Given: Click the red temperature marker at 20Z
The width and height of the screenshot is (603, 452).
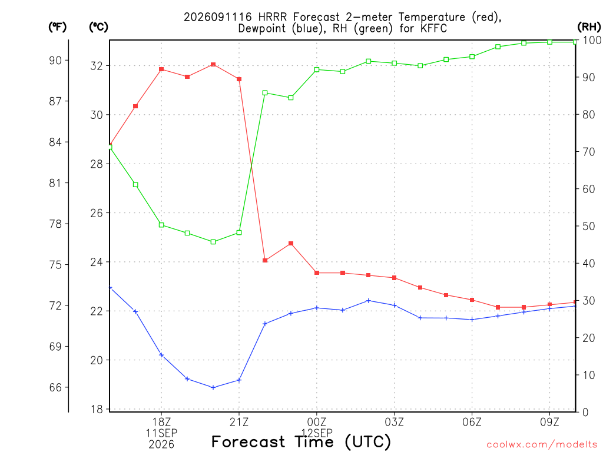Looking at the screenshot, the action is (x=213, y=65).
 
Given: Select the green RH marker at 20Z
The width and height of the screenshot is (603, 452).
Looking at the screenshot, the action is (x=213, y=242).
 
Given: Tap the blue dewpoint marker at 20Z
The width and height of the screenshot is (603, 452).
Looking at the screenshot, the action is (x=213, y=387).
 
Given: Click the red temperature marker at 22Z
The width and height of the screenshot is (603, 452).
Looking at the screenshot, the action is (x=265, y=260).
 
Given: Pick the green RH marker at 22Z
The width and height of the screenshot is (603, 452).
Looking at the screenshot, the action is (x=265, y=92).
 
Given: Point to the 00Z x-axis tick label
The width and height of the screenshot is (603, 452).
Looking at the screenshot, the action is (x=316, y=422).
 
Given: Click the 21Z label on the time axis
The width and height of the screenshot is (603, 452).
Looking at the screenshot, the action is (x=239, y=422).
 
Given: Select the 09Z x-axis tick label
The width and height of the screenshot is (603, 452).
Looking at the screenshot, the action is (x=549, y=422).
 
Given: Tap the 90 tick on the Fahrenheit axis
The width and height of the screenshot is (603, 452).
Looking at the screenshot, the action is (x=55, y=61).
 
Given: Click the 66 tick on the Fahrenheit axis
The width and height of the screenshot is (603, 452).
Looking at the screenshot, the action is (x=55, y=387).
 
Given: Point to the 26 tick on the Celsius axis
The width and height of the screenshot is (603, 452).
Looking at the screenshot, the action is (x=97, y=213).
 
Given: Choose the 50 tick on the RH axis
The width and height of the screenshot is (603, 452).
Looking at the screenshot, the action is (x=588, y=226).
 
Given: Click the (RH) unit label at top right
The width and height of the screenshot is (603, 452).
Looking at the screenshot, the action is (x=589, y=27).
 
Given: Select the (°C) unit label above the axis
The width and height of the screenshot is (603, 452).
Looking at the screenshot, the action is (x=98, y=27).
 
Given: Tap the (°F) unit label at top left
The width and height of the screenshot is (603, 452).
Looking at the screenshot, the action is (x=57, y=27).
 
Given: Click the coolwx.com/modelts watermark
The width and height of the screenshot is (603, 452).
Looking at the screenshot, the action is (x=542, y=445).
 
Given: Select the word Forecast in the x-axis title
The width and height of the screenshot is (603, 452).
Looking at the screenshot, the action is (x=249, y=442).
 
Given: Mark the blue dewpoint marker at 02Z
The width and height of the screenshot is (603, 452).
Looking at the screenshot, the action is (x=369, y=301).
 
